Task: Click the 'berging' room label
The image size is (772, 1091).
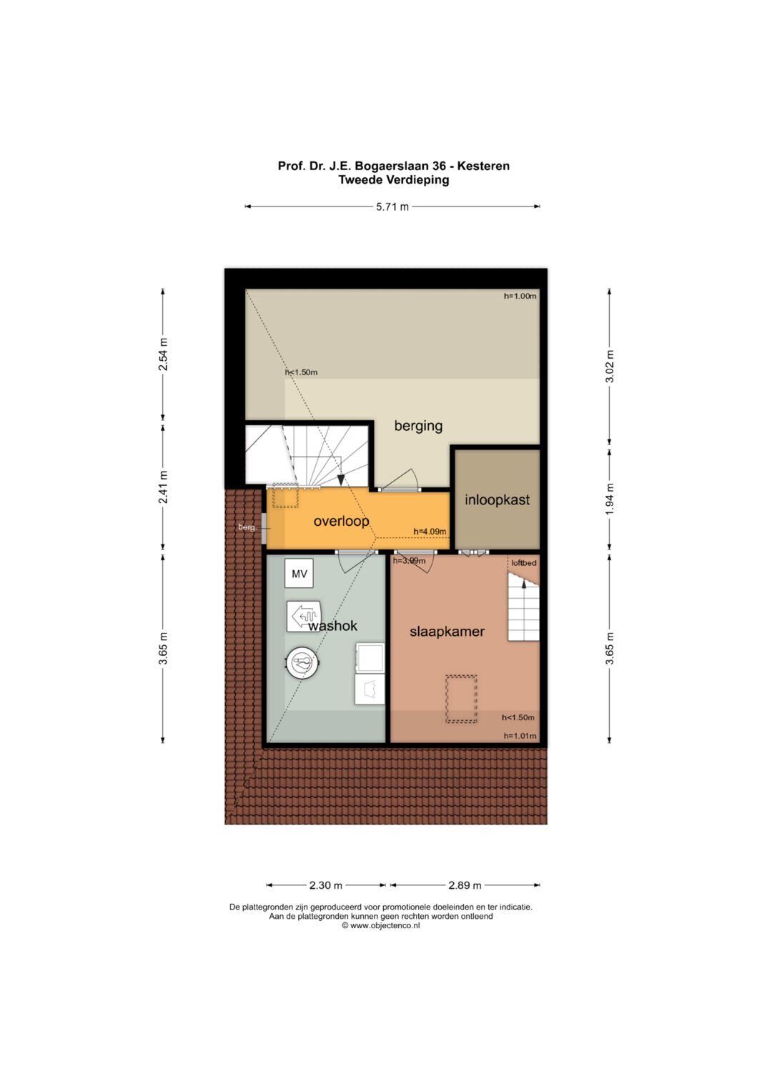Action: pyautogui.click(x=418, y=426)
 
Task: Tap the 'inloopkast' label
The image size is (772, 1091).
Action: pyautogui.click(x=497, y=499)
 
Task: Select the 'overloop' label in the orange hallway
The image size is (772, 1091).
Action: pyautogui.click(x=341, y=522)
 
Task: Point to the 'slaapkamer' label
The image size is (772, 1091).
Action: pyautogui.click(x=447, y=632)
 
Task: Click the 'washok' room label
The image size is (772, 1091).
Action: pyautogui.click(x=333, y=626)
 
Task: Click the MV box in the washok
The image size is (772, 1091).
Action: pyautogui.click(x=300, y=574)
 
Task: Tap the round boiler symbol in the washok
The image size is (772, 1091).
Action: pyautogui.click(x=302, y=662)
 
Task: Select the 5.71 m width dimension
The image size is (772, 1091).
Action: pyautogui.click(x=392, y=206)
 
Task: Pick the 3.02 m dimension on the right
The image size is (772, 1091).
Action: pyautogui.click(x=609, y=366)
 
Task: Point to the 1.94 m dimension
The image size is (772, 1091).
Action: pyautogui.click(x=609, y=499)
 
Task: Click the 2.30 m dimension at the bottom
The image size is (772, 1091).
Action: pyautogui.click(x=325, y=885)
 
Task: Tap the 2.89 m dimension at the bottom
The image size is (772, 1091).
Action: pyautogui.click(x=465, y=885)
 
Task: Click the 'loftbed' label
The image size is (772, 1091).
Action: pyautogui.click(x=524, y=563)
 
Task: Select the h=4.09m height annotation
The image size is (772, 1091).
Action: pyautogui.click(x=430, y=532)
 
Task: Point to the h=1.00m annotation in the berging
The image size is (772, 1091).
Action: pyautogui.click(x=520, y=296)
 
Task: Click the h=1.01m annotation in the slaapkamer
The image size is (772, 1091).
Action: pyautogui.click(x=520, y=736)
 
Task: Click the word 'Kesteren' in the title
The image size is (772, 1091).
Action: pyautogui.click(x=483, y=166)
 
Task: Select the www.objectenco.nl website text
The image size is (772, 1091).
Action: pyautogui.click(x=380, y=926)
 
